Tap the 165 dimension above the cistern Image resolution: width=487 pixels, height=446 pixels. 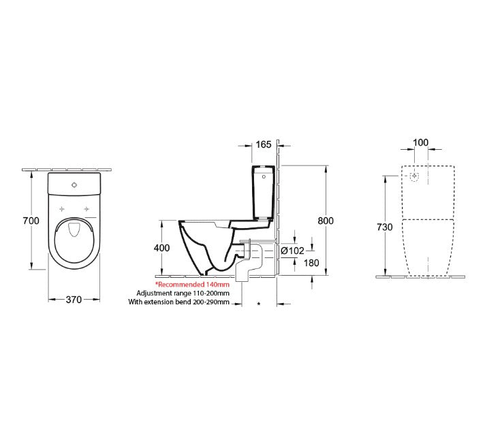coord(264,144)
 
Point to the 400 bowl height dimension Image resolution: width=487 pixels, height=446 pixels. coord(161,249)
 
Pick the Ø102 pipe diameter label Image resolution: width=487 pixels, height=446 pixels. coord(292,251)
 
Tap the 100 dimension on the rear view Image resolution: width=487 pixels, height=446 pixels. coord(421,142)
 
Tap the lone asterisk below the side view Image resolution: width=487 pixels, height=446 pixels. coord(258,303)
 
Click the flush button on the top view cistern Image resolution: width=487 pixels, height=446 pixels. coord(74,183)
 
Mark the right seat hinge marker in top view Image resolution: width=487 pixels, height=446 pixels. coord(87,208)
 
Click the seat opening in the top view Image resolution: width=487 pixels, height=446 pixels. coord(74,235)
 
